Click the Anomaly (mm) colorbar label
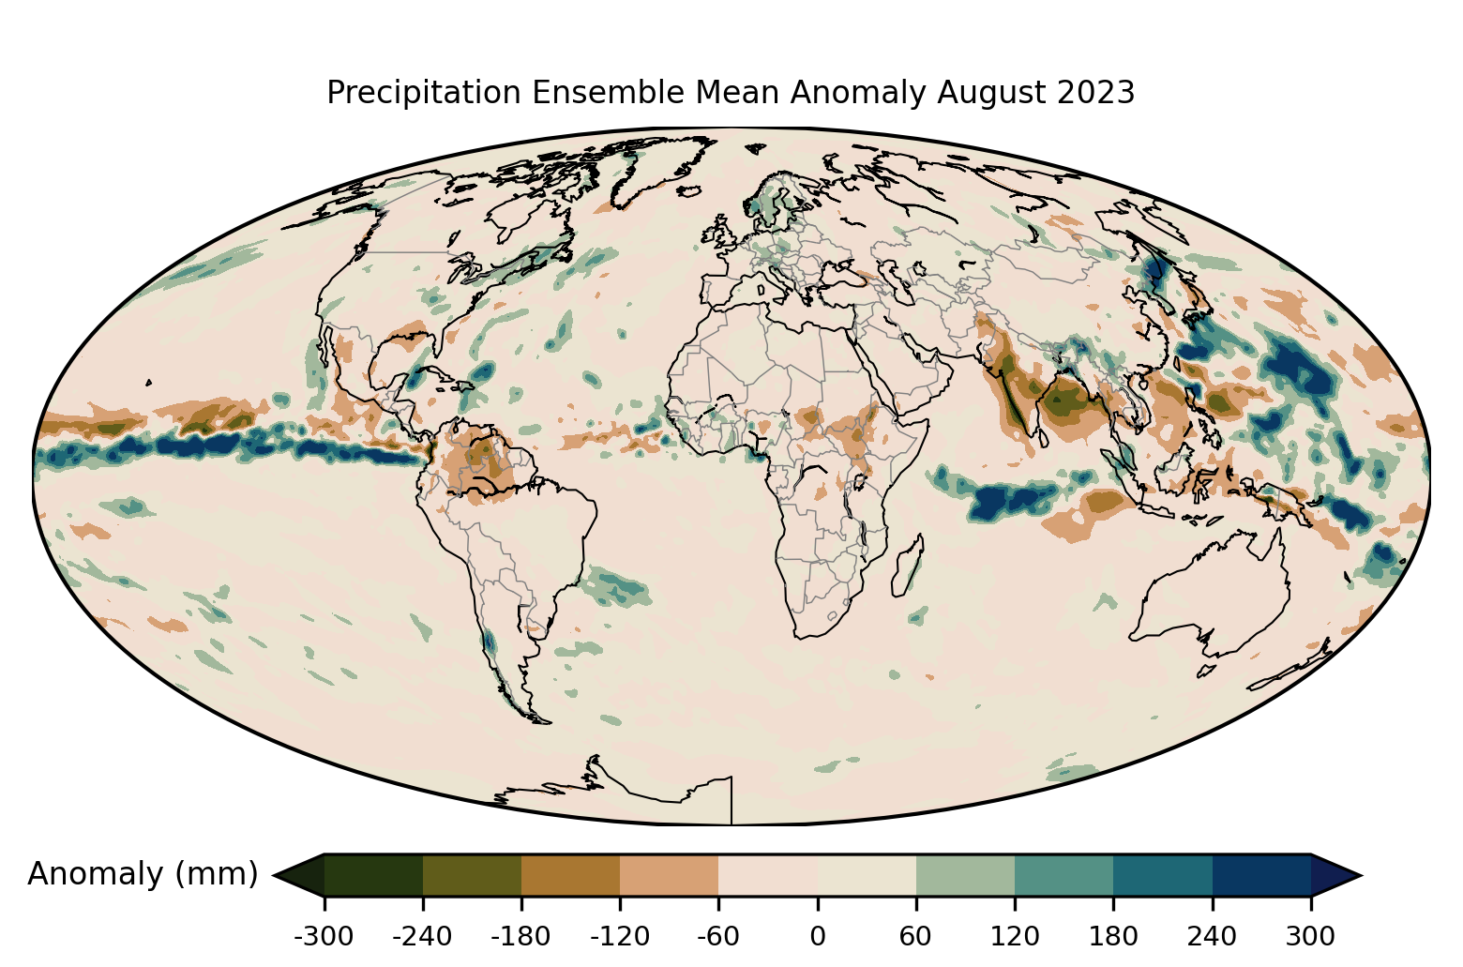tap(143, 874)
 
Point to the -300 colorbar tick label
tap(324, 936)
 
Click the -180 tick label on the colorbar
tap(521, 936)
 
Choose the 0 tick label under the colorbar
tap(818, 936)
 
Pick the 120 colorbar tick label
tap(1015, 936)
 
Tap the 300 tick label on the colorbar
tap(1311, 936)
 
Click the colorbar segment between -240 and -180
tap(472, 875)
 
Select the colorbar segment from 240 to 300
tap(1261, 875)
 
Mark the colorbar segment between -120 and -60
tap(670, 875)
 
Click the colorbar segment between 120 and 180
tap(1064, 875)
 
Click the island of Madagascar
tap(908, 565)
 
